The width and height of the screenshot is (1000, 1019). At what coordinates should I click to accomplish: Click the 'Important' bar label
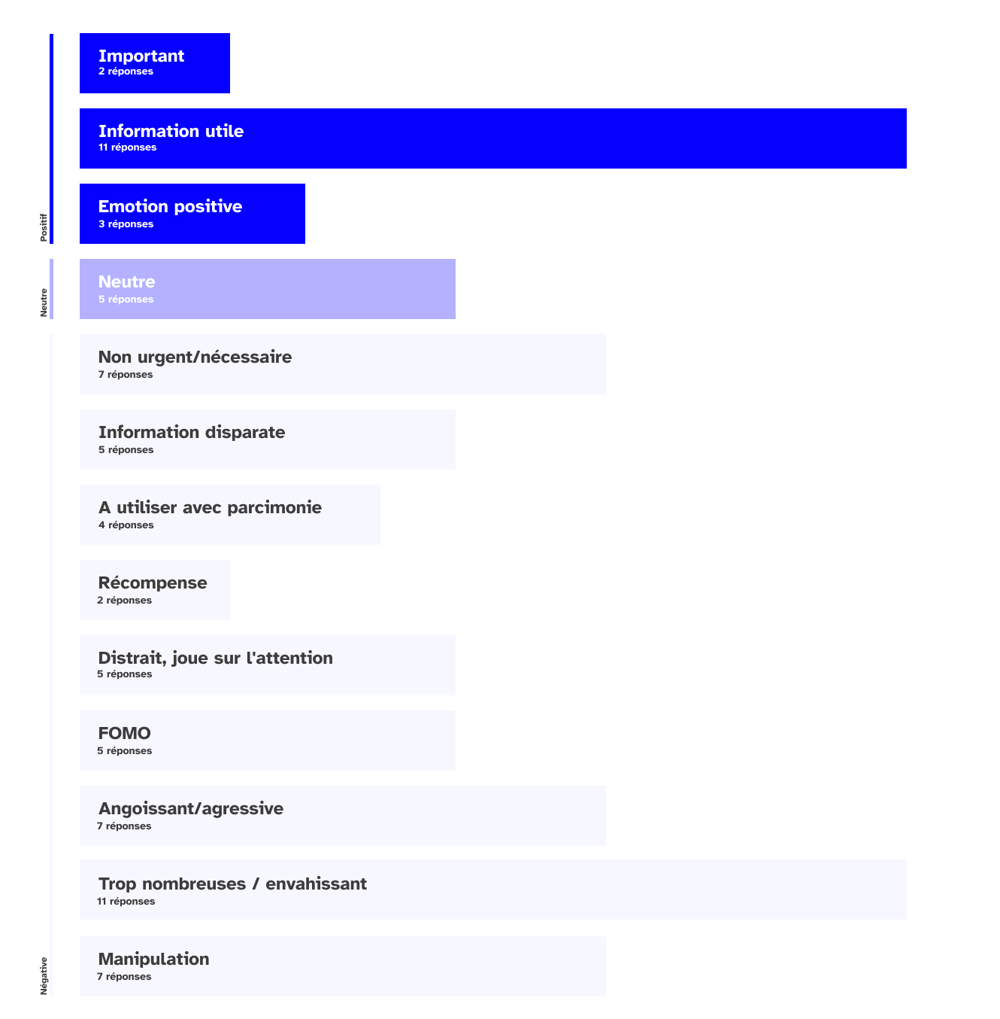[x=141, y=56]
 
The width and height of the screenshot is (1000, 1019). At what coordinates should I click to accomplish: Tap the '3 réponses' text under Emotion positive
[x=126, y=224]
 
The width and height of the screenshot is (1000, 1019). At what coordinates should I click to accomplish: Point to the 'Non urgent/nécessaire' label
[x=195, y=357]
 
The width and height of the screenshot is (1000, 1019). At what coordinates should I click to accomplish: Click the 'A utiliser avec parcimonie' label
[x=210, y=507]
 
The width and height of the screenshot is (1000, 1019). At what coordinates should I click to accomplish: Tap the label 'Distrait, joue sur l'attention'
[x=215, y=658]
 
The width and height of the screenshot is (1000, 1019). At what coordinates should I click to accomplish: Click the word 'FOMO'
[x=125, y=733]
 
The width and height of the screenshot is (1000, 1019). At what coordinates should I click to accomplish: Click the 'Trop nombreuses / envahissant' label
[x=232, y=884]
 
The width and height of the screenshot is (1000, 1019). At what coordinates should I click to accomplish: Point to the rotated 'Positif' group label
[x=44, y=227]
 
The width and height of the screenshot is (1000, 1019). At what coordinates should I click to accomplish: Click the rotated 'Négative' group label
[x=44, y=976]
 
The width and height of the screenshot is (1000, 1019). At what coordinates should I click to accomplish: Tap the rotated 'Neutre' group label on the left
[x=44, y=302]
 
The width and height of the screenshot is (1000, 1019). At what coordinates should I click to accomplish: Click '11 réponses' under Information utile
[x=127, y=148]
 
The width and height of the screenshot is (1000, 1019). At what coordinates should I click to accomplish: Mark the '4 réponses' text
[x=126, y=525]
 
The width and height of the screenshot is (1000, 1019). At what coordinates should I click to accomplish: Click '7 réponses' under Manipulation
[x=124, y=977]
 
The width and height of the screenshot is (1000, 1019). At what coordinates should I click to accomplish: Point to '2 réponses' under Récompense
[x=124, y=601]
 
